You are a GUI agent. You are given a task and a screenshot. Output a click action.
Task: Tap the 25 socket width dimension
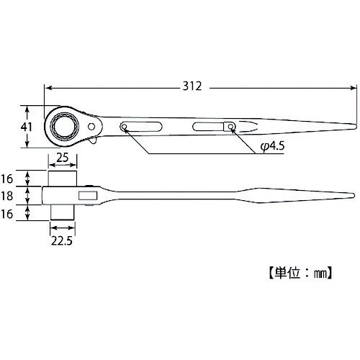pos(63,157)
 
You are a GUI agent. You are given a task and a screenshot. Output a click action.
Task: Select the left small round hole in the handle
pos(125,128)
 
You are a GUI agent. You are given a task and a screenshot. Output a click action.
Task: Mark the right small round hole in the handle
pos(230,127)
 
